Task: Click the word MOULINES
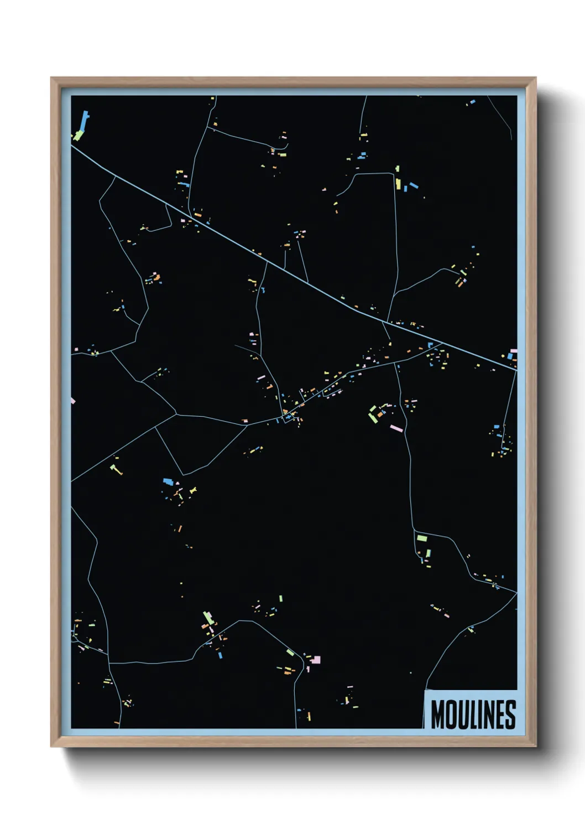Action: point(473,714)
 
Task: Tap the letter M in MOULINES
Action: point(437,714)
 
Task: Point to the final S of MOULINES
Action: point(510,714)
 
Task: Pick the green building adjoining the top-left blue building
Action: point(79,134)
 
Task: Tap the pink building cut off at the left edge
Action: point(72,400)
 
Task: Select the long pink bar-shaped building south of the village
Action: point(396,428)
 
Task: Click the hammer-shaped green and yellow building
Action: point(116,470)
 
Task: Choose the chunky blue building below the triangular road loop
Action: point(168,481)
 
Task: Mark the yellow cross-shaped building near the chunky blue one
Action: point(192,490)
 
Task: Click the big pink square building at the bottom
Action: point(316,660)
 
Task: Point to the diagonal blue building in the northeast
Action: point(413,185)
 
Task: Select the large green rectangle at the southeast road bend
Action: point(422,537)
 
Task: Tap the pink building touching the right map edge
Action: point(513,351)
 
